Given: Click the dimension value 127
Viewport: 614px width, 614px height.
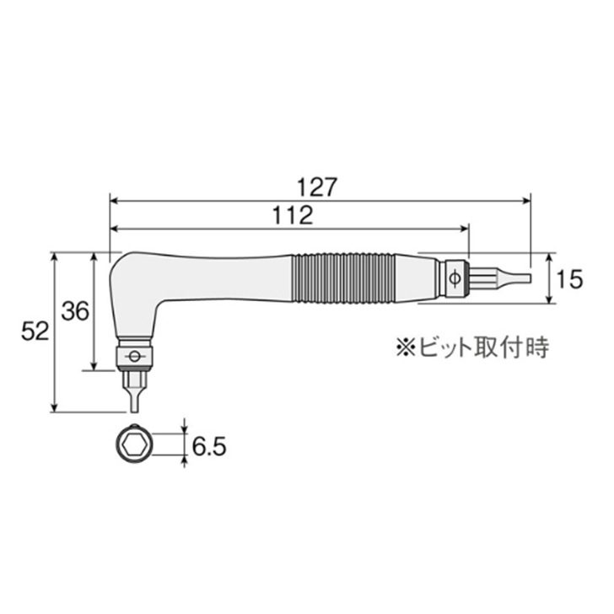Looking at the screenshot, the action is (x=317, y=187).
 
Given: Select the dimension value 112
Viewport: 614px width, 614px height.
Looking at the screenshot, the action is (x=293, y=215).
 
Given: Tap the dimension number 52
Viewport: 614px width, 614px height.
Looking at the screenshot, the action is (x=35, y=331).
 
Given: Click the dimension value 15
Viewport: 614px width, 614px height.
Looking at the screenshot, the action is (x=569, y=279).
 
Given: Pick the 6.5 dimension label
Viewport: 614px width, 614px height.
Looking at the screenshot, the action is (x=209, y=446).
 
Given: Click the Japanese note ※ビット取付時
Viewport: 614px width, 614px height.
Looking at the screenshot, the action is (x=472, y=347).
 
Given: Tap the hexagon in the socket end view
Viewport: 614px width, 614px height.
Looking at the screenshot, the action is (x=134, y=444).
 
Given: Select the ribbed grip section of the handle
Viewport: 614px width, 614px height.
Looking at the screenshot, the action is (x=343, y=279).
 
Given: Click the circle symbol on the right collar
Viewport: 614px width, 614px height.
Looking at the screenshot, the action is (x=455, y=279).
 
